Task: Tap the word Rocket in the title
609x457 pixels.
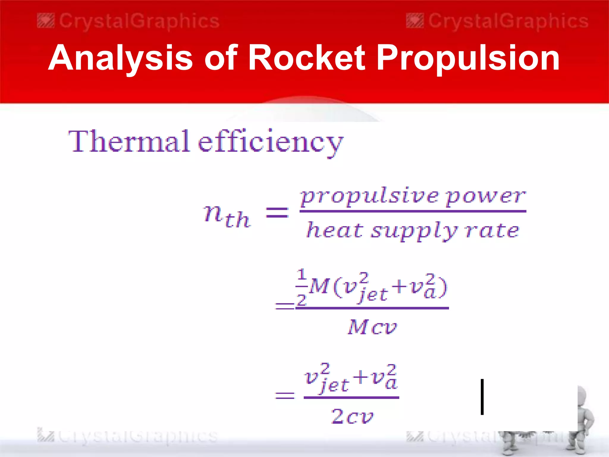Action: pyautogui.click(x=306, y=57)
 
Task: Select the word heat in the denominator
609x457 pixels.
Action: pyautogui.click(x=335, y=230)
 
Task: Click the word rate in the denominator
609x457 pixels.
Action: pyautogui.click(x=492, y=230)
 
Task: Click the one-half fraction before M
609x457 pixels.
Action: pyautogui.click(x=302, y=287)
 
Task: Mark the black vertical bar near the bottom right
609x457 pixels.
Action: pyautogui.click(x=482, y=397)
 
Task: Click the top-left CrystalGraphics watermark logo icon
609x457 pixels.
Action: pyautogui.click(x=46, y=21)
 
